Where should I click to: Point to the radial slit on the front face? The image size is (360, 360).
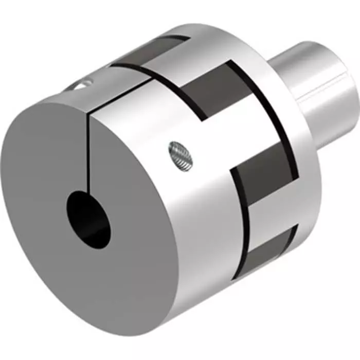(x=89, y=154)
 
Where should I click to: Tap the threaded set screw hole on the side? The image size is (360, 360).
(x=179, y=153)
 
